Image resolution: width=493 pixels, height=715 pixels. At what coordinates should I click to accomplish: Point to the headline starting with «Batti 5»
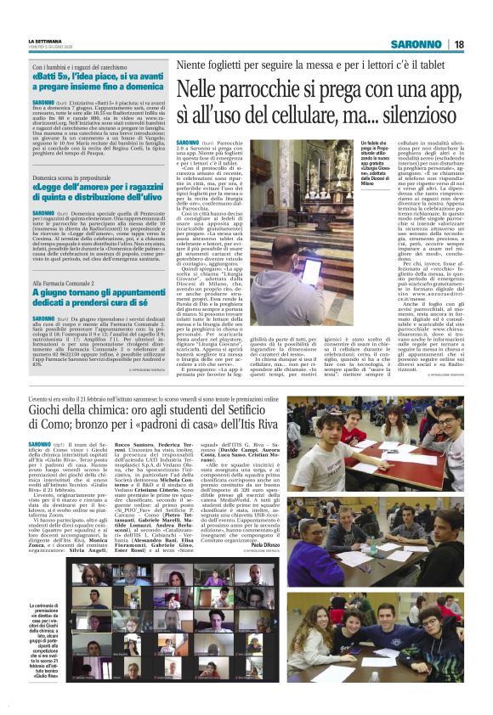point(93,81)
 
